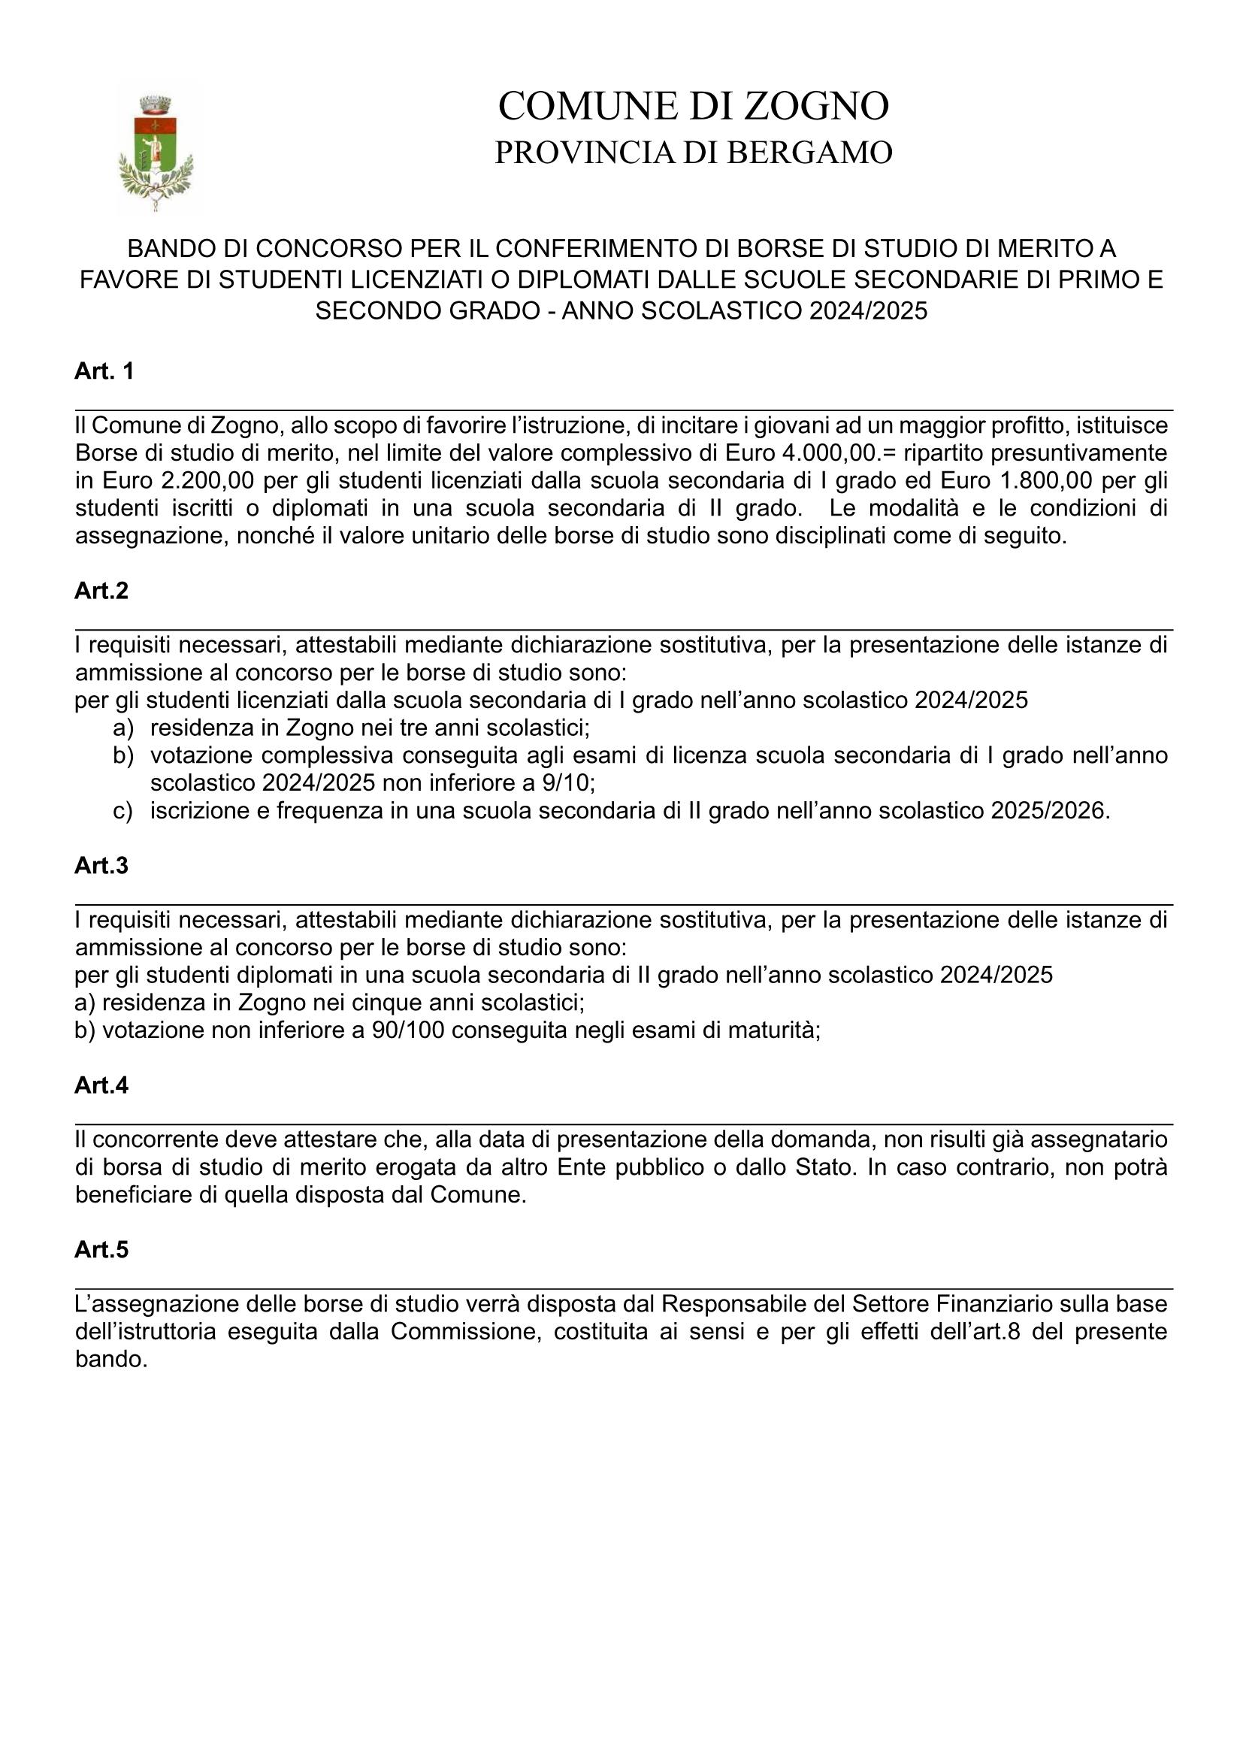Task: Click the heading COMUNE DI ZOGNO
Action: [x=693, y=106]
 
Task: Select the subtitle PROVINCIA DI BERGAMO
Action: [x=693, y=153]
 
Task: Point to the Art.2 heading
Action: [x=101, y=591]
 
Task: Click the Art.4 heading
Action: [x=101, y=1086]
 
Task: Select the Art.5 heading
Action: [x=101, y=1251]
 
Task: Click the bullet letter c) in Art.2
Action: [x=122, y=811]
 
